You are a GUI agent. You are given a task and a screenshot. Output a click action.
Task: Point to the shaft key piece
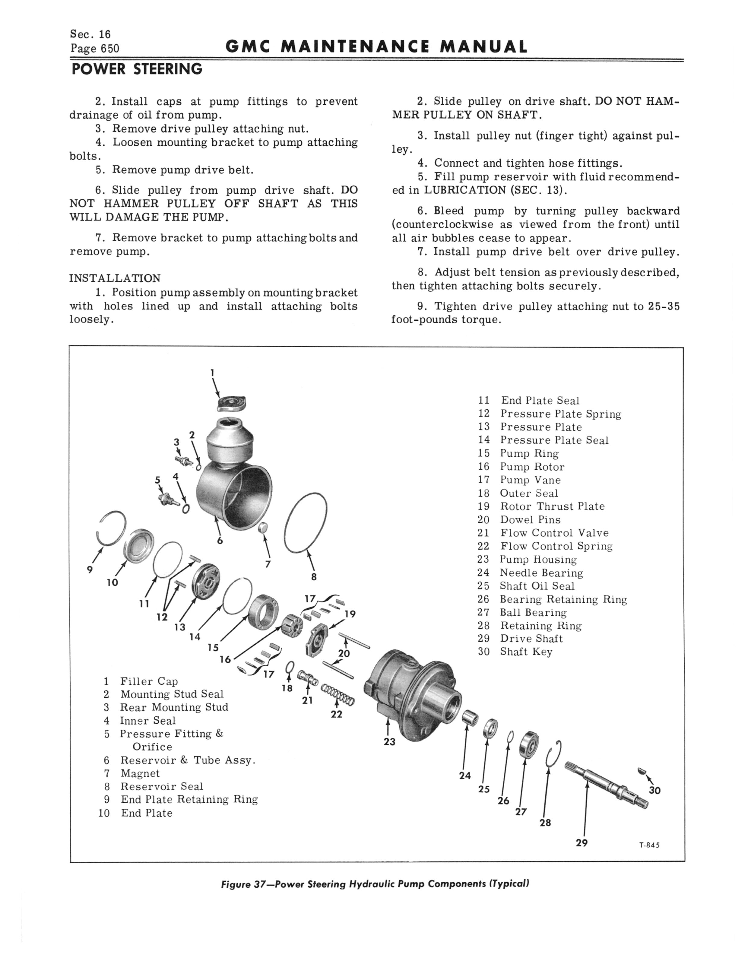(641, 769)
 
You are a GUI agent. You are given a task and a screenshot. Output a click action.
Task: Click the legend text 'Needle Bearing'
(541, 573)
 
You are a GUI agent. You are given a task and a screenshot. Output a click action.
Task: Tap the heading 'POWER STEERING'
(137, 69)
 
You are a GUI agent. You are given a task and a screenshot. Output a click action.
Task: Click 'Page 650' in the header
(95, 48)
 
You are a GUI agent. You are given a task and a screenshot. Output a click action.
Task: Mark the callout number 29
(582, 843)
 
